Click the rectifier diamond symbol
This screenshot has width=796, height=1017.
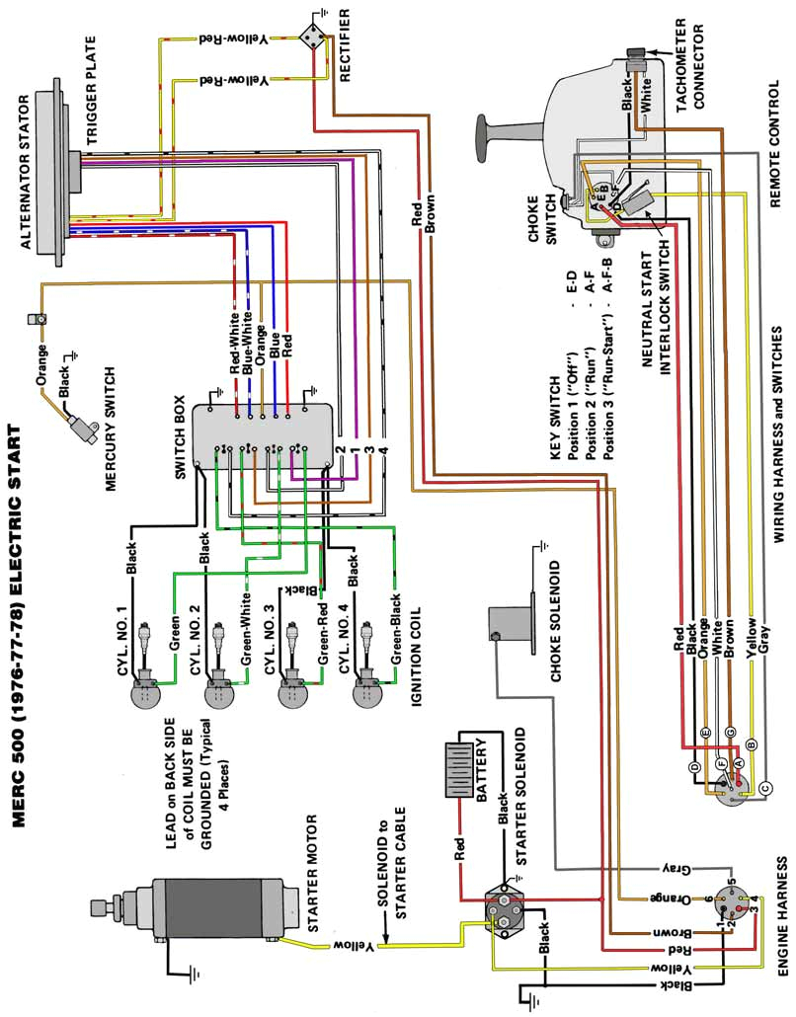coord(314,37)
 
